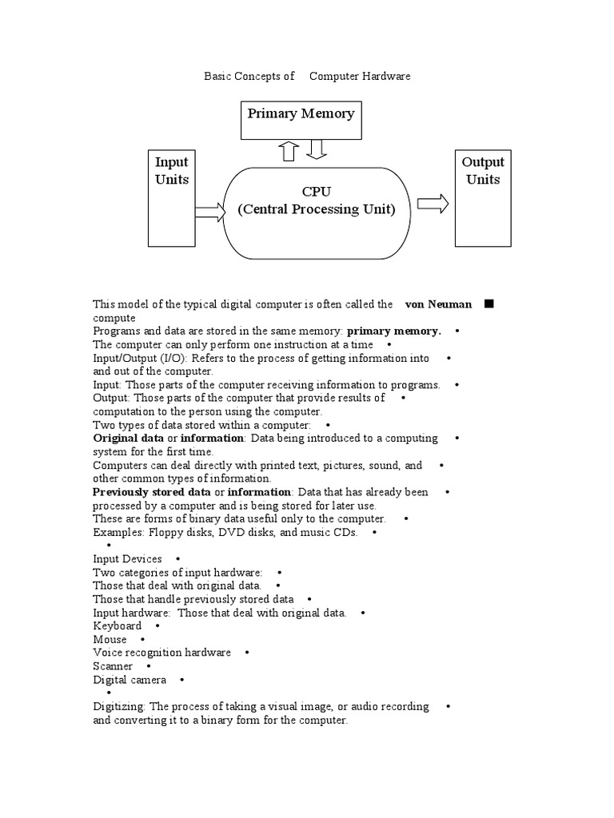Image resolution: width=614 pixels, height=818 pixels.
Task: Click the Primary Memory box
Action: coord(301,120)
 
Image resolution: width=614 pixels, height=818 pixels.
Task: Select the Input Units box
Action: coord(172,197)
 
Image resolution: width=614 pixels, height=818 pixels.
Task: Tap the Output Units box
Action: coord(483,197)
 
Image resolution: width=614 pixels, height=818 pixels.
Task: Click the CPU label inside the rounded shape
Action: coord(316,192)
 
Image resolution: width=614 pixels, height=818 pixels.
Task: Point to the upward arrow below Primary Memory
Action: coord(289,151)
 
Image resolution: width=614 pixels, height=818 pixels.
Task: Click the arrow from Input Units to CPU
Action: coord(210,212)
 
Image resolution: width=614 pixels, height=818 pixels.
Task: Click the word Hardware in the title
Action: coord(386,76)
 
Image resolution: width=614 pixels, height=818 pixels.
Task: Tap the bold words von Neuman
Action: coord(439,304)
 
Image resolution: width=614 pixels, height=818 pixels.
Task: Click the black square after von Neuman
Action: coord(489,304)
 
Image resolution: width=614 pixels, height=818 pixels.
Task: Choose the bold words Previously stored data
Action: coord(152,492)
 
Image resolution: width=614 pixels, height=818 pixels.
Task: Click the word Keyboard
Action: coord(118,626)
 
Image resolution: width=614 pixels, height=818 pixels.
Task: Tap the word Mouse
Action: coord(110,640)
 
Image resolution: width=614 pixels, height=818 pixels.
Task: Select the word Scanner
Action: coord(113,666)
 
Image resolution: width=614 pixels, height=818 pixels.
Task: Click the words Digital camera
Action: coord(130,680)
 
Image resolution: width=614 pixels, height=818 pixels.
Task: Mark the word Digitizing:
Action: coord(120,707)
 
